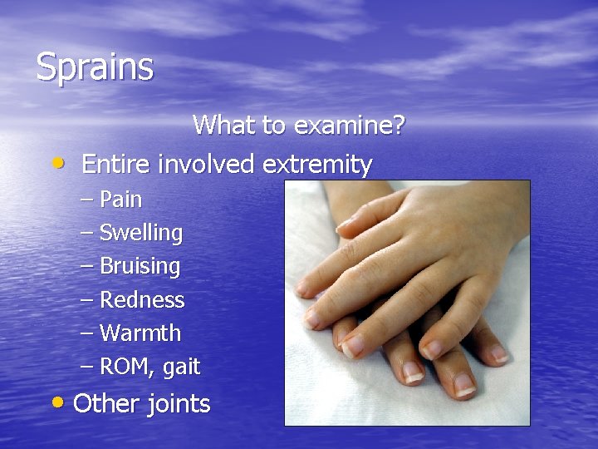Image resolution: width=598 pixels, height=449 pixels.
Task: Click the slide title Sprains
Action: [95, 67]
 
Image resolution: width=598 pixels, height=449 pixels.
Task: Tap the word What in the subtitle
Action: [218, 126]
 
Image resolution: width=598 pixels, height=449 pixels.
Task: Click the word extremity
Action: [317, 165]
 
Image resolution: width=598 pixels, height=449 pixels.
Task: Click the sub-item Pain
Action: [120, 200]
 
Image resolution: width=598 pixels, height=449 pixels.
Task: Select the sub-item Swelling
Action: [141, 234]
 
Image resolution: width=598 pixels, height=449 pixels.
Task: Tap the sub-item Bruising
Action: [140, 267]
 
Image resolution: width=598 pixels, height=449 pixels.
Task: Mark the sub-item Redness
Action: [142, 299]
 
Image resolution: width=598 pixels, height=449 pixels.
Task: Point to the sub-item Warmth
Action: [140, 333]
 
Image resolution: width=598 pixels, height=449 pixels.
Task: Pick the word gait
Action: [181, 367]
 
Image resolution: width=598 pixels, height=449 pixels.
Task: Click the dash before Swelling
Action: [86, 233]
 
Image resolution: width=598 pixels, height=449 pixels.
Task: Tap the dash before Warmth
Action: [86, 333]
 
